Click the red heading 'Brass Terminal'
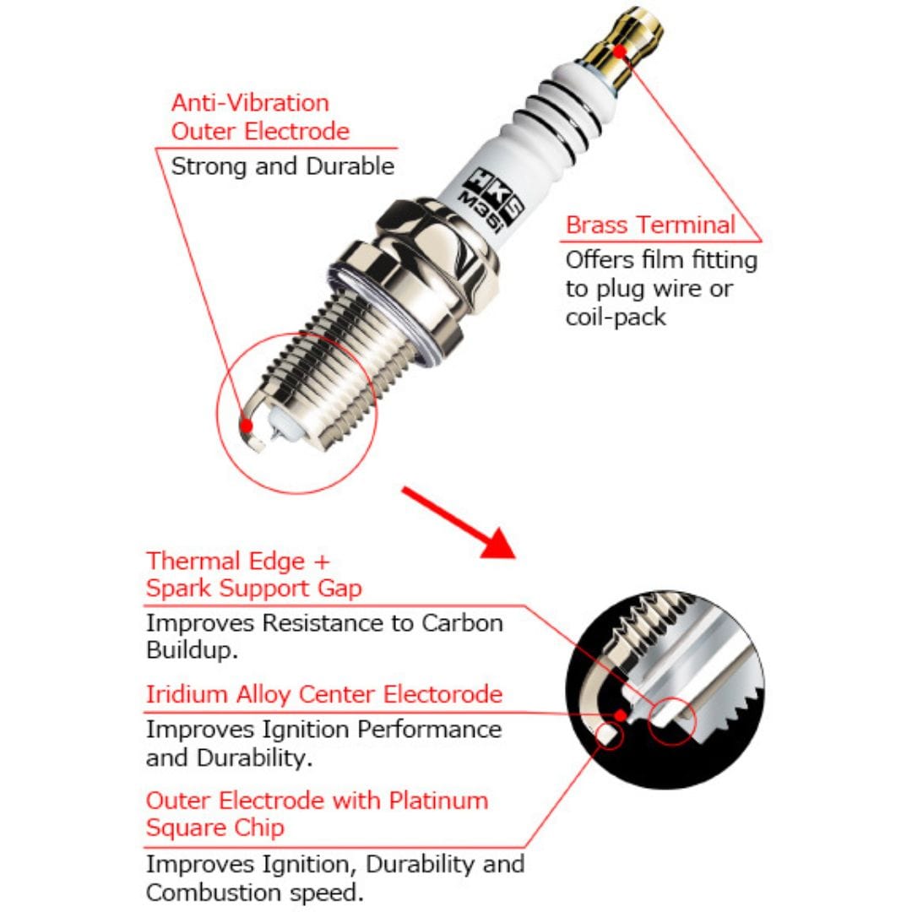click(x=650, y=225)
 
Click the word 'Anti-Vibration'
click(x=250, y=103)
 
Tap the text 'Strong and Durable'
click(x=283, y=166)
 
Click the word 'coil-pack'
click(x=616, y=317)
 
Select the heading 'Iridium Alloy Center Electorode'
click(x=324, y=694)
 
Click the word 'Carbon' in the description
click(x=461, y=623)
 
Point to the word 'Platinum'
click(x=422, y=799)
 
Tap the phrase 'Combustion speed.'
click(x=256, y=892)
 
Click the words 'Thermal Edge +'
click(x=238, y=561)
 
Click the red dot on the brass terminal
click(x=619, y=51)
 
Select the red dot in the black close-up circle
click(x=622, y=715)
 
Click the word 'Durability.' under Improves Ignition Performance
click(x=230, y=757)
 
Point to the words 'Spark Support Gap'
click(x=253, y=589)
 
